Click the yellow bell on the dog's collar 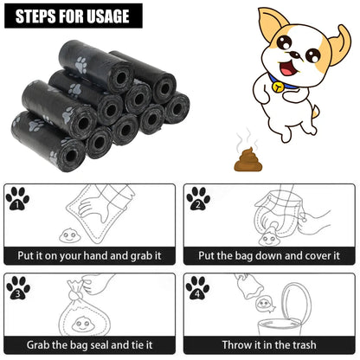click(x=277, y=87)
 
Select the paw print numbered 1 click(x=18, y=200)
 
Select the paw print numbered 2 click(x=198, y=200)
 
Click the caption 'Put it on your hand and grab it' click(x=90, y=256)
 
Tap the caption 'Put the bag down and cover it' click(x=270, y=256)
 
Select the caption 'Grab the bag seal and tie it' click(x=90, y=344)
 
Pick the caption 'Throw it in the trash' click(x=270, y=344)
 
